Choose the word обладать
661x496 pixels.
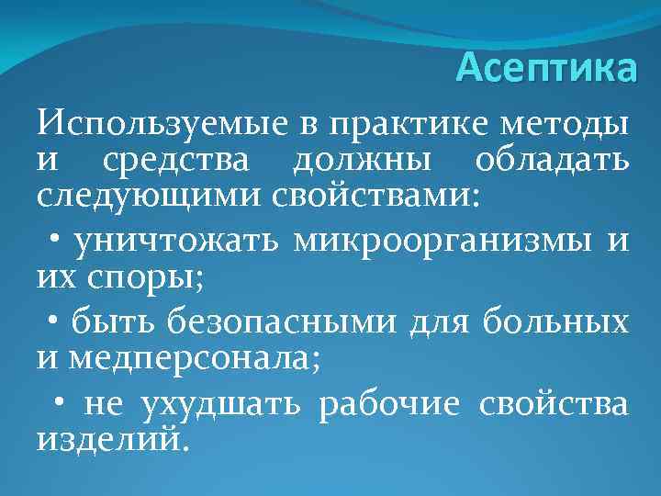[x=553, y=163]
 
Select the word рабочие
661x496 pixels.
[x=388, y=403]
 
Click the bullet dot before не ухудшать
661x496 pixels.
[x=61, y=401]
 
